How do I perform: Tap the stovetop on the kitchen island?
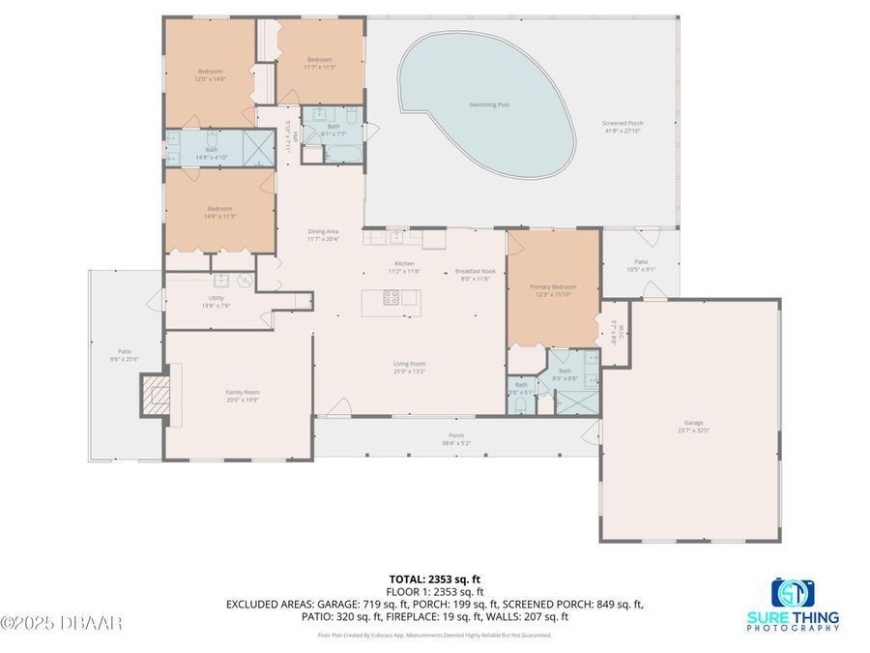click(391, 298)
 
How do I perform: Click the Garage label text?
click(692, 423)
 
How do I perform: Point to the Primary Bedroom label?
click(553, 287)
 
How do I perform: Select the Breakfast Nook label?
click(475, 272)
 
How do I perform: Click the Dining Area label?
click(322, 231)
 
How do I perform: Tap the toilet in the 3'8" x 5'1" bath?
click(521, 403)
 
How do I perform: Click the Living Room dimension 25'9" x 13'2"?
click(410, 371)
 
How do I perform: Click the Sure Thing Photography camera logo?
click(793, 591)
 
